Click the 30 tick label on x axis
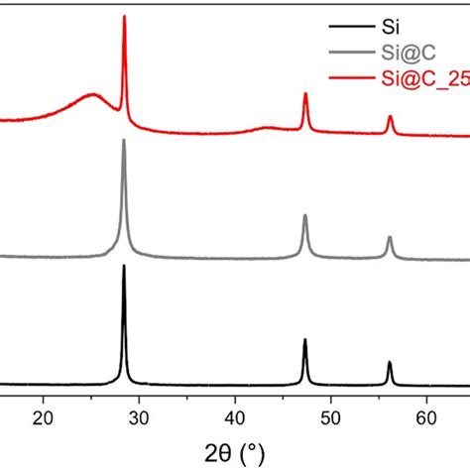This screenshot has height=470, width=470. pos(140,417)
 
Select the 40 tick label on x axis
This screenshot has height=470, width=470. pos(236,417)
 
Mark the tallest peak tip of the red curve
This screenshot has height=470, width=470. pos(124,17)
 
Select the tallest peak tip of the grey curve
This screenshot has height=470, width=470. pos(124,140)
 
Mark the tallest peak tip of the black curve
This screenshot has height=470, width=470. pos(124,266)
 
